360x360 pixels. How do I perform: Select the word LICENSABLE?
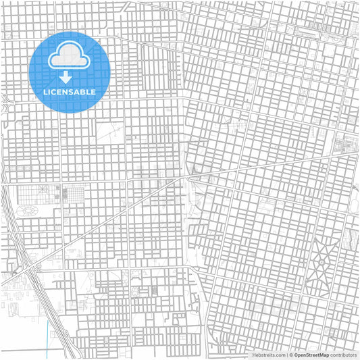click(70, 91)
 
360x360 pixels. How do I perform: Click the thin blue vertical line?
click(48, 338)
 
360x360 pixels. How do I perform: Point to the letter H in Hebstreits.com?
click(255, 355)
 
